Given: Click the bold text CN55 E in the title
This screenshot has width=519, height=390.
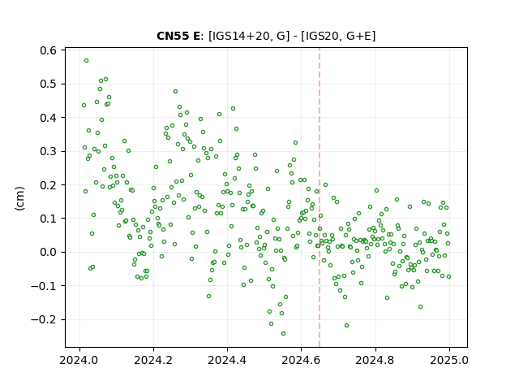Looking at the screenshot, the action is tap(178, 36).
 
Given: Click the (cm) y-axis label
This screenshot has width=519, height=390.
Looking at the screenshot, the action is tap(19, 198).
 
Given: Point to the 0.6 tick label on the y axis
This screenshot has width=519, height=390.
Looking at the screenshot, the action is tap(49, 50).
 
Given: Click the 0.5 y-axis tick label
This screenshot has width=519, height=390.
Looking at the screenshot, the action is tap(49, 84).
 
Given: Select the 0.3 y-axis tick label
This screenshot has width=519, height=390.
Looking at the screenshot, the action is tap(49, 151).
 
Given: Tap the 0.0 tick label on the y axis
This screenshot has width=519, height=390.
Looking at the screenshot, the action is tap(49, 252).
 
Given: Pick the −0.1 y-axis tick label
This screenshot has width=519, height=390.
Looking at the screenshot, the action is tap(44, 285).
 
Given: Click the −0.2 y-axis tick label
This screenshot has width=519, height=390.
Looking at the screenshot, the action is tap(44, 319).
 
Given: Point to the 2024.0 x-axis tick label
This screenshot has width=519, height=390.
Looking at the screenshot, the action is tap(79, 360).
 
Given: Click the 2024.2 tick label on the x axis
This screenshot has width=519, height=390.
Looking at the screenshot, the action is tap(153, 360).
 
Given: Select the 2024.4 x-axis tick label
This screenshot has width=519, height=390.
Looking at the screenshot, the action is tap(227, 360).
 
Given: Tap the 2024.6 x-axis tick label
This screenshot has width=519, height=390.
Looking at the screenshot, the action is tap(301, 360).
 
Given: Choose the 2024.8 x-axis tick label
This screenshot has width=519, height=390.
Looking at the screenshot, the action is tap(375, 360).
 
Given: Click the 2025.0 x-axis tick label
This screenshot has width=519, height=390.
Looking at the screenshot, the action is tap(449, 360).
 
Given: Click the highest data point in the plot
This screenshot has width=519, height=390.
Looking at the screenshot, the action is tap(87, 61).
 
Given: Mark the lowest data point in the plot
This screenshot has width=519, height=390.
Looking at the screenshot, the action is tap(283, 334).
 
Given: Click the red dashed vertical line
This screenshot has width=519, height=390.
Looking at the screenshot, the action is tap(320, 197).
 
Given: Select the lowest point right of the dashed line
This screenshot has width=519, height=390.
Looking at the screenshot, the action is tap(346, 326).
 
